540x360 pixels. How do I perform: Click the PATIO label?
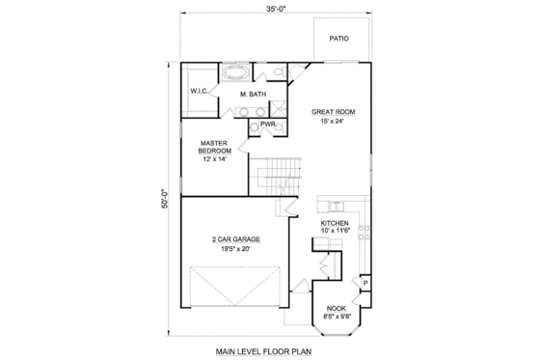[x=338, y=40]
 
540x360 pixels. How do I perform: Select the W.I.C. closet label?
[x=200, y=92]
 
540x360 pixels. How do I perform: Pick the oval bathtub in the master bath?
[x=234, y=72]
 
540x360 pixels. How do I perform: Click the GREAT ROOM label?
[x=333, y=111]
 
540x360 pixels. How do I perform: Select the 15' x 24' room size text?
[x=328, y=122]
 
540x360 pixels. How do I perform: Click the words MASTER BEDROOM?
[x=214, y=146]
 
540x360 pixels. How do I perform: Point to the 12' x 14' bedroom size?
[x=213, y=159]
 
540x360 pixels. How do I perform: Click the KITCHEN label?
[x=336, y=221]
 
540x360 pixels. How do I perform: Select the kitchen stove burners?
[x=364, y=231]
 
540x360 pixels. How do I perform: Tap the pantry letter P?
[x=364, y=282]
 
